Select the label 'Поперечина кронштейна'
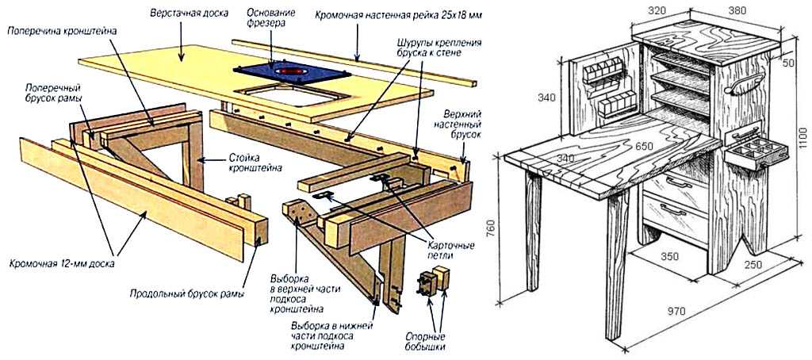[x=62, y=29]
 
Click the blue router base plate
[x=293, y=71]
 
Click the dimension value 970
[x=676, y=312]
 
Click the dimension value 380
[x=737, y=12]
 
